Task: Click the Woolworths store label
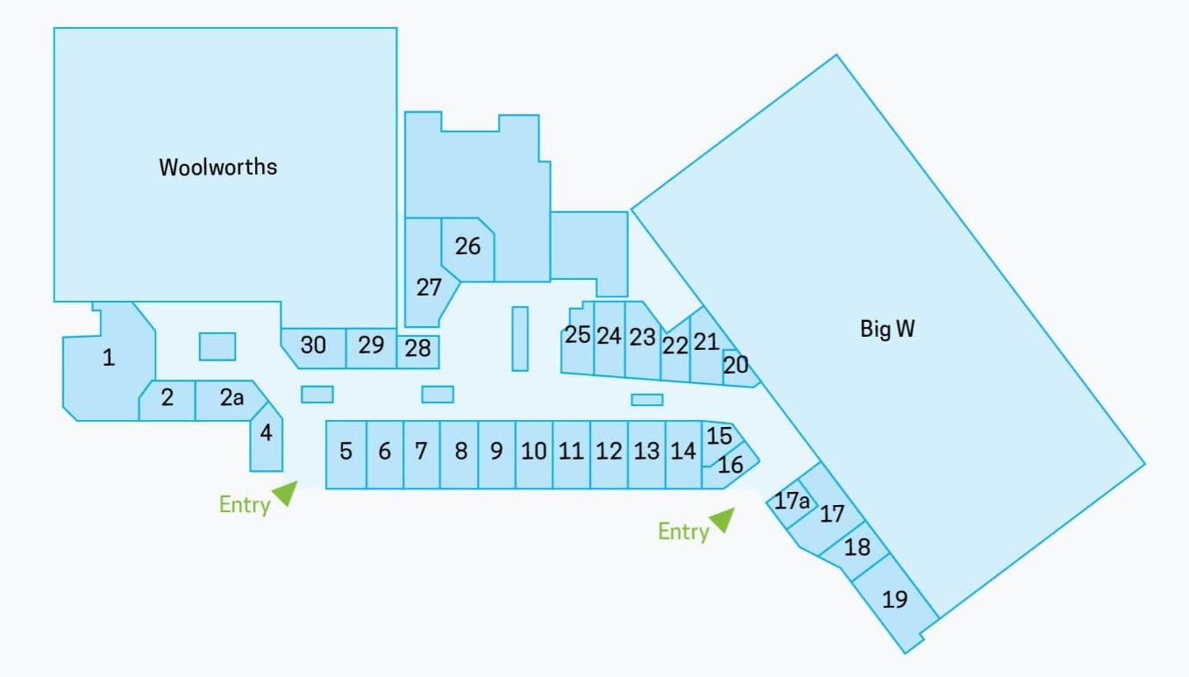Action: tap(218, 167)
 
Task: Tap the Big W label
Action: tap(887, 329)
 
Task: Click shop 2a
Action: tap(231, 398)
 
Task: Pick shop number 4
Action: tap(266, 437)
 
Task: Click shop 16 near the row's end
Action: tap(731, 465)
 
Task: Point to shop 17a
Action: tap(792, 501)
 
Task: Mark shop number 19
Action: tap(895, 600)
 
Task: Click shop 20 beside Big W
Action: tap(739, 367)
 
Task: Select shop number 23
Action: tap(643, 340)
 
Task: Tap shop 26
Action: tap(467, 248)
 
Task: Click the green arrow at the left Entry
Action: tap(287, 492)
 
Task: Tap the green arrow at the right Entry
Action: tap(723, 519)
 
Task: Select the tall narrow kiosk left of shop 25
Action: tap(520, 338)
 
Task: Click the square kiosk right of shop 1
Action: tap(217, 346)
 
